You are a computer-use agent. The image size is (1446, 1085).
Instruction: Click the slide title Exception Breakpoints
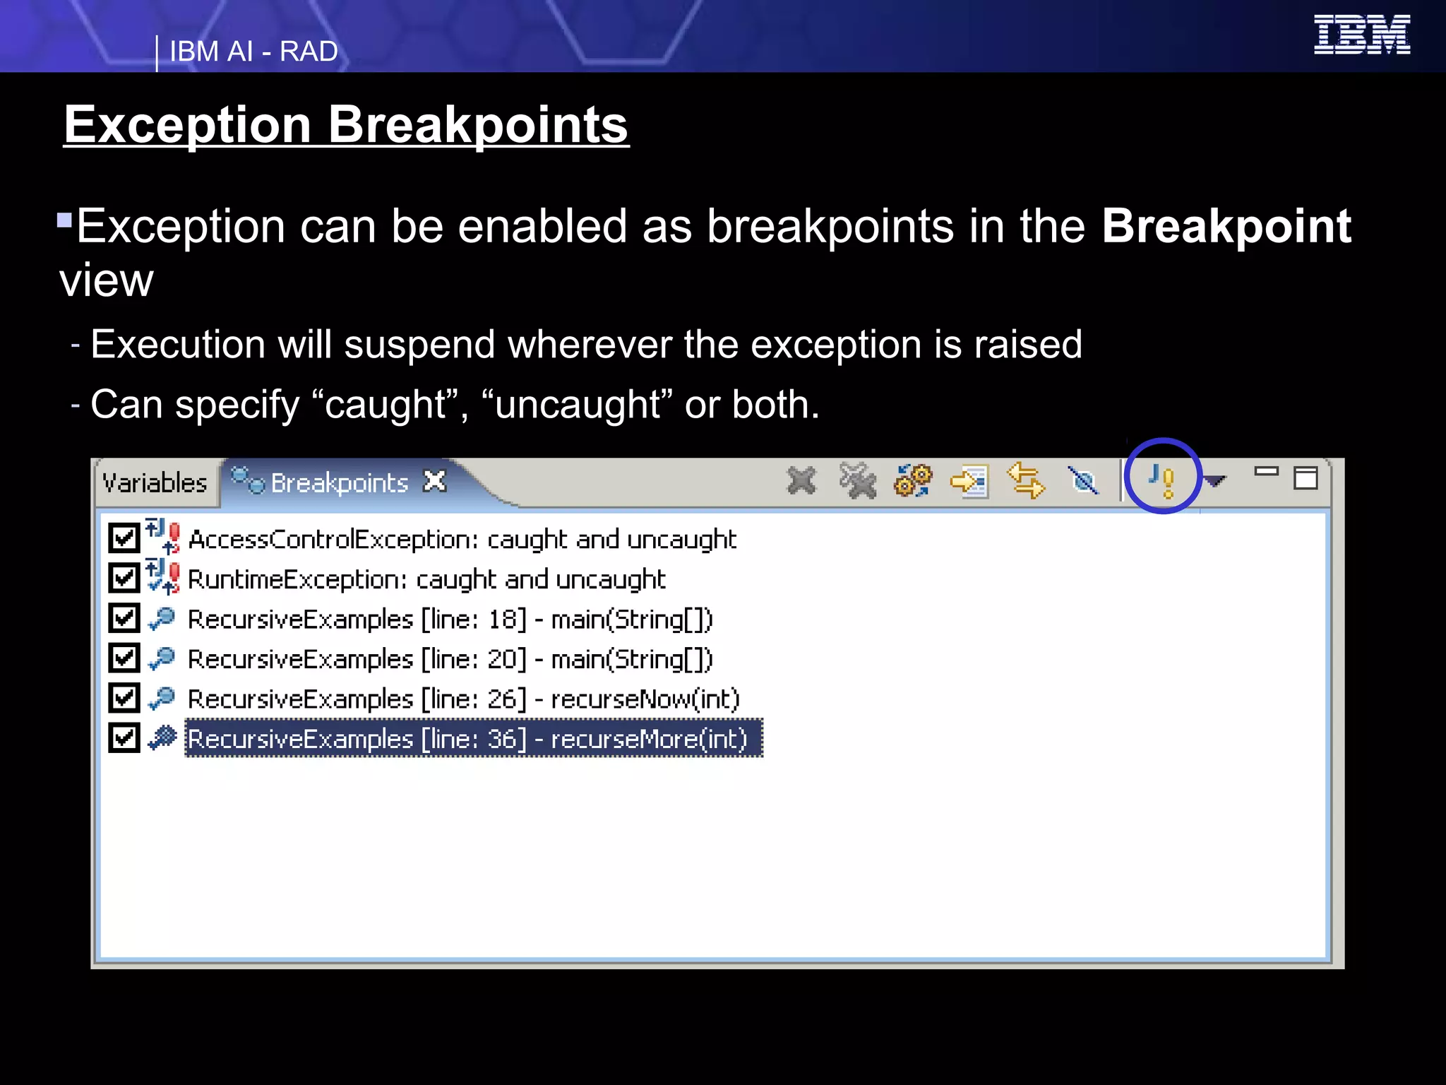coord(345,125)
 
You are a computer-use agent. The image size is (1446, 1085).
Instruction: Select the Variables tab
coord(155,483)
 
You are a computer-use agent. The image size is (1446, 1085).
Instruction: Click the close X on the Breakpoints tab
coord(434,481)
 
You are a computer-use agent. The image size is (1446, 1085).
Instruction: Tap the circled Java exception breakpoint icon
coord(1161,480)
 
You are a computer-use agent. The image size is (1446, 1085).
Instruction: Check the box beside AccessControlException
coord(124,538)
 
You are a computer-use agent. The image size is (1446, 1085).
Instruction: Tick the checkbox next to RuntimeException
coord(124,579)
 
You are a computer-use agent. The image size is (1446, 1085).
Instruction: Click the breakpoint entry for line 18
coord(450,619)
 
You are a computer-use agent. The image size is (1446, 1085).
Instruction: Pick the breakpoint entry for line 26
coord(462,699)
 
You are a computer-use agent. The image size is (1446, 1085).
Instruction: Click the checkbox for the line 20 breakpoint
coord(124,658)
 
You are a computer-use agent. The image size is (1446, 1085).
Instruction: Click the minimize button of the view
coord(1266,472)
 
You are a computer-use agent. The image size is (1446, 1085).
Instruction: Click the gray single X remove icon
coord(801,481)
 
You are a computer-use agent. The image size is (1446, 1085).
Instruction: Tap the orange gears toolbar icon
coord(912,481)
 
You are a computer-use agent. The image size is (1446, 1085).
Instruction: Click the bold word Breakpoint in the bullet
coord(1226,226)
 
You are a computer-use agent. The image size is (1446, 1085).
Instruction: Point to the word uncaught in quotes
coord(578,405)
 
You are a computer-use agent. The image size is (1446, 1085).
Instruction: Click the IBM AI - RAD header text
coord(253,52)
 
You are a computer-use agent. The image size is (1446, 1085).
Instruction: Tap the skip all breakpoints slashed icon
coord(1082,481)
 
